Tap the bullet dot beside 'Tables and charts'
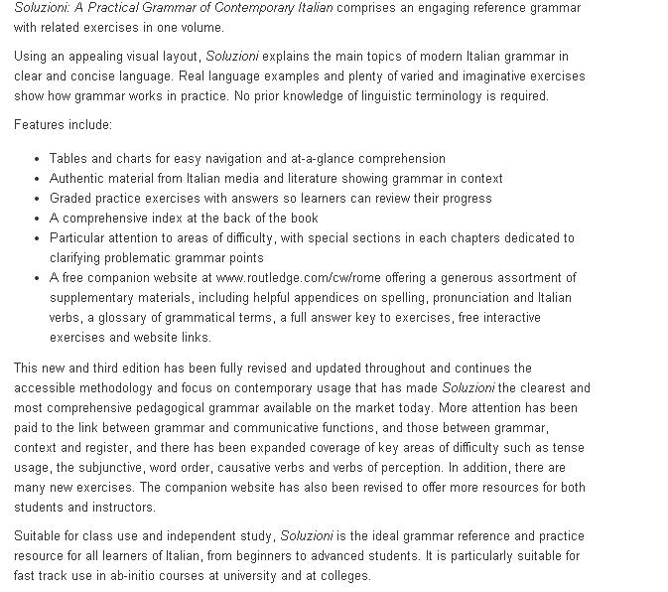tap(37, 159)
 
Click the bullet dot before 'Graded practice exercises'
tap(37, 199)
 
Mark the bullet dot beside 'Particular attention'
tap(37, 238)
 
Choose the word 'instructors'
tap(122, 508)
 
